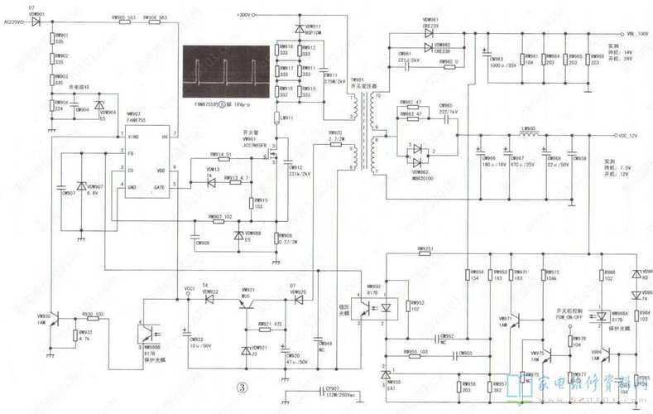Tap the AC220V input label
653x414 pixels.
(16, 20)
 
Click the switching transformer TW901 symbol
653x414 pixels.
(361, 132)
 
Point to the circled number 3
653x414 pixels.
(242, 388)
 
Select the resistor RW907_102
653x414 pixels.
(216, 221)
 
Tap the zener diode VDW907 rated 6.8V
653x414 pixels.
(81, 189)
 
